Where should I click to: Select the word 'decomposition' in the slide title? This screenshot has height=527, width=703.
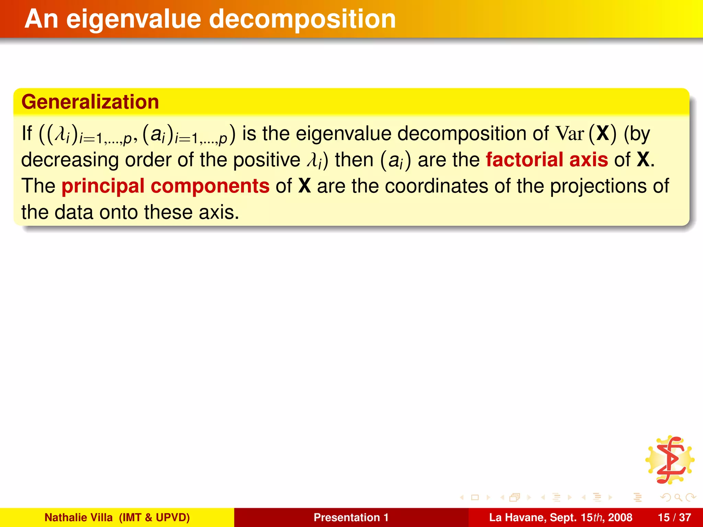coord(302,19)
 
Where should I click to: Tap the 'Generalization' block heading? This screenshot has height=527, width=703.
coord(90,102)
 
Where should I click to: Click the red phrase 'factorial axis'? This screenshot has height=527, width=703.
coord(547,160)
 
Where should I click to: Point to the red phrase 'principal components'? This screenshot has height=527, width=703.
coord(165,186)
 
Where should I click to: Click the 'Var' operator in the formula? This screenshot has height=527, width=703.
coord(569,133)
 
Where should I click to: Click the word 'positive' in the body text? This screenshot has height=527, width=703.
coord(267,160)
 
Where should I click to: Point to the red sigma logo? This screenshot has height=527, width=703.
coord(670,460)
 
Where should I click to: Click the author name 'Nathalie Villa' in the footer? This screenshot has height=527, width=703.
coord(79,517)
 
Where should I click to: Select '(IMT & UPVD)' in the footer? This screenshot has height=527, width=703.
coord(154,517)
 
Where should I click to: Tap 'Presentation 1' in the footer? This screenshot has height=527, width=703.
coord(351,517)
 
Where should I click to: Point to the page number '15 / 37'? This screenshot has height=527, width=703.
coord(674,517)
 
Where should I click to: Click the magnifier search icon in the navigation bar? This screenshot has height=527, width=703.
coord(678,497)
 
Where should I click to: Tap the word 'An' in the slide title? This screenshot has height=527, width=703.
coord(41,19)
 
